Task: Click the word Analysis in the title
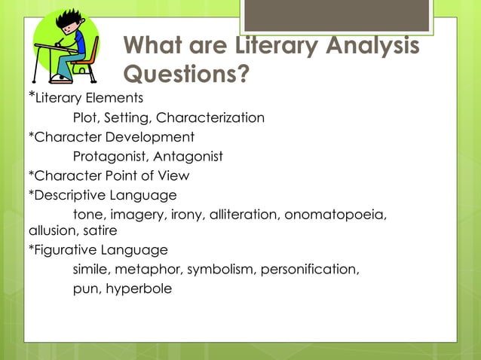[x=366, y=46]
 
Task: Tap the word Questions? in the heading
[x=185, y=75]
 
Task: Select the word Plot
[x=86, y=117]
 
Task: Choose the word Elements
[x=113, y=98]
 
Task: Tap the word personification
[x=310, y=269]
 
